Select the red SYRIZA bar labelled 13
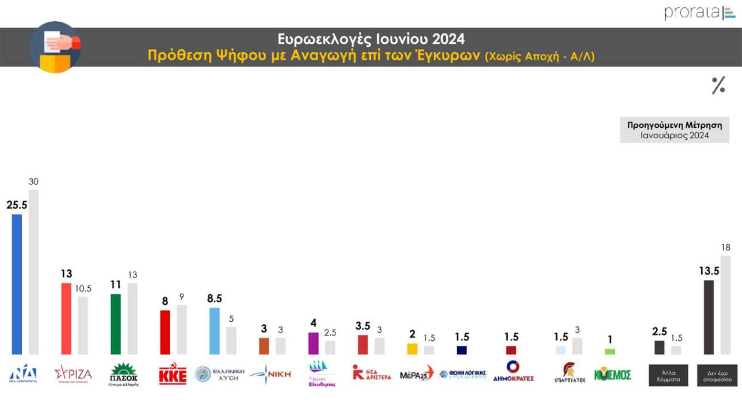click(66, 318)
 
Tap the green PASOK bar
click(116, 324)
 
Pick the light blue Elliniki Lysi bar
click(214, 330)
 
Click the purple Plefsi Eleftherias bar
click(313, 343)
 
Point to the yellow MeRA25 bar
click(412, 349)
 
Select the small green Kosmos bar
click(610, 351)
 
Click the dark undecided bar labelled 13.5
click(709, 317)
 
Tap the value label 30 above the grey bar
click(33, 181)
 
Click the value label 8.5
click(214, 298)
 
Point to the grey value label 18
click(726, 248)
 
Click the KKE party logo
click(173, 374)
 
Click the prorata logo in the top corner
click(699, 13)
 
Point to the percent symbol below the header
click(718, 85)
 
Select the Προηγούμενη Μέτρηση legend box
click(674, 130)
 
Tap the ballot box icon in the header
click(55, 47)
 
